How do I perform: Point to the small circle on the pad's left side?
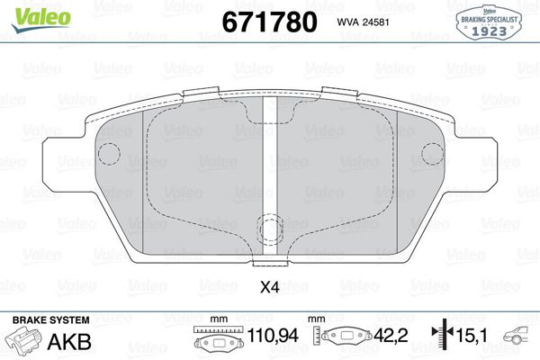[108, 156]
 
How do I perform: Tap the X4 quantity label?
[269, 288]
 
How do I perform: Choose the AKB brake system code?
[74, 340]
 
